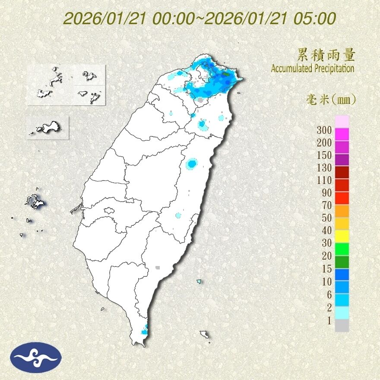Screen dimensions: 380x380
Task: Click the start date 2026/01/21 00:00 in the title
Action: point(131,19)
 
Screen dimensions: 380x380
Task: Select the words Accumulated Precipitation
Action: point(313,68)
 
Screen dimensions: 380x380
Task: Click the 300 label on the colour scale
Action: point(324,130)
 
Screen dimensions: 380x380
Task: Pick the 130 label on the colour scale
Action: point(324,168)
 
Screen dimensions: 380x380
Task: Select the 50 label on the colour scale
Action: point(326,218)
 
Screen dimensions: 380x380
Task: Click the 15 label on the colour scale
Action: point(326,269)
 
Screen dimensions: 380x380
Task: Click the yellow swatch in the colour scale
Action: point(342,235)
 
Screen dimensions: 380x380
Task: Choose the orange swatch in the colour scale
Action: point(342,210)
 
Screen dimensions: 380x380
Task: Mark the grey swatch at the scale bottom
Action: point(342,325)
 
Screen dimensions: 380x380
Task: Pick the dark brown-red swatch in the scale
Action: point(342,172)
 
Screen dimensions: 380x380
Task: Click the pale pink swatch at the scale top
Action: point(342,121)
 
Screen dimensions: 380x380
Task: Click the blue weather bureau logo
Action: point(37,358)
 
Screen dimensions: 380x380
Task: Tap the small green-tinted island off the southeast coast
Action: point(199,282)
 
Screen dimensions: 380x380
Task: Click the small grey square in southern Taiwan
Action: point(158,268)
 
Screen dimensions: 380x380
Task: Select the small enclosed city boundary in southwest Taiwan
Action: point(109,211)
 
